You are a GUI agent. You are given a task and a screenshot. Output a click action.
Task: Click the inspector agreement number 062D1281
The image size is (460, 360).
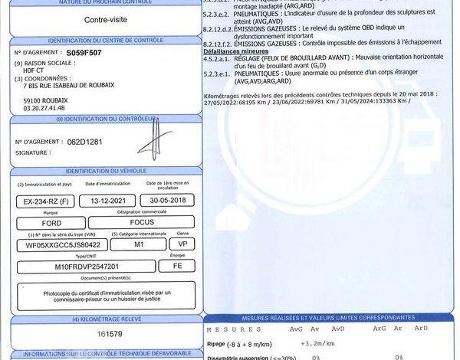tap(84, 142)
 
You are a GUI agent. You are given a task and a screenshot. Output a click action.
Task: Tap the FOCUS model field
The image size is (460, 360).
tap(143, 223)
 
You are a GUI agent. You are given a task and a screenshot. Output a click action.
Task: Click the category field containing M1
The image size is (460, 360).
tap(138, 244)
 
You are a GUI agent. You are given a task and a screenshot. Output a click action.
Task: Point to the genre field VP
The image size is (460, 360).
tap(182, 244)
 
